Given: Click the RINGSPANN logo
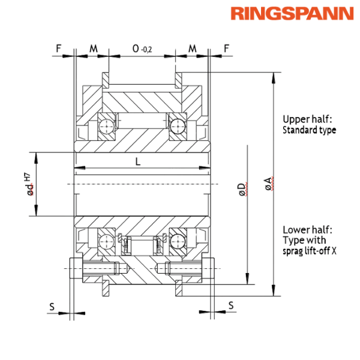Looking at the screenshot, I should pyautogui.click(x=292, y=14).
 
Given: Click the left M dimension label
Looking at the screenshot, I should pyautogui.click(x=93, y=46).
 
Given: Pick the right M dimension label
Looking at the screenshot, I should pyautogui.click(x=192, y=46).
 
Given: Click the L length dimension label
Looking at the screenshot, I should pyautogui.click(x=138, y=161).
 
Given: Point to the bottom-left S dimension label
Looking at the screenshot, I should pyautogui.click(x=52, y=306).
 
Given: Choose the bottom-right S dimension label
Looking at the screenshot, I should pyautogui.click(x=231, y=306).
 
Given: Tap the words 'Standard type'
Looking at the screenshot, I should pyautogui.click(x=310, y=129).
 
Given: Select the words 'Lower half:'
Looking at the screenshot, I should pyautogui.click(x=307, y=230).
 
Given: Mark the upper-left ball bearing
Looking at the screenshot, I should pyautogui.click(x=106, y=125).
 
